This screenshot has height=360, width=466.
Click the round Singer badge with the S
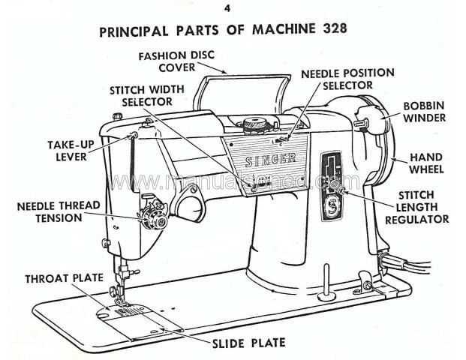[327, 206]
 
